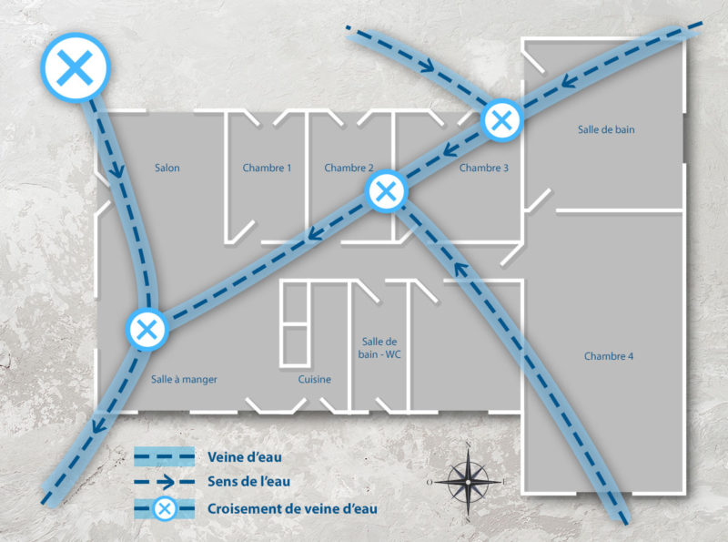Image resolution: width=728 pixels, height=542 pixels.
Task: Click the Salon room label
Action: click(167, 168)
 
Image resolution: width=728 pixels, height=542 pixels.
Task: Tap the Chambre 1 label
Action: click(267, 168)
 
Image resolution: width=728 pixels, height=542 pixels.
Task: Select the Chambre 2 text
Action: click(349, 168)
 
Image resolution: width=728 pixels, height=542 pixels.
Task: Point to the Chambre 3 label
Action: click(484, 168)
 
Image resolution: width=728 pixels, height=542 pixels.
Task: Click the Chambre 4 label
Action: click(609, 356)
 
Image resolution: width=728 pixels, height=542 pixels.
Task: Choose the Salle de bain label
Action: click(606, 129)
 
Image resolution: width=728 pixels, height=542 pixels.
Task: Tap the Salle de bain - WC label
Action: click(379, 348)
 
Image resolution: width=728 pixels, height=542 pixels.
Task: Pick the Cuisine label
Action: click(315, 379)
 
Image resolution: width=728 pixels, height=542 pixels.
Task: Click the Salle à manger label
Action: click(184, 379)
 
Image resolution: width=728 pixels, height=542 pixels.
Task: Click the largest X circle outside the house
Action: click(76, 66)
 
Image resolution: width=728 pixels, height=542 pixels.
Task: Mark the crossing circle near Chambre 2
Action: click(386, 191)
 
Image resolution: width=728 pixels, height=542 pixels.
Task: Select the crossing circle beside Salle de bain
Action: click(501, 120)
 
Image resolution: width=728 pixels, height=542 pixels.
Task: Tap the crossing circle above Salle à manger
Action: click(147, 330)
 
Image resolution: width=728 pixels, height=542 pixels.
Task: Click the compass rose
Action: click(468, 483)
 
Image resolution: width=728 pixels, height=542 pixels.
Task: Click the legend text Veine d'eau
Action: click(245, 457)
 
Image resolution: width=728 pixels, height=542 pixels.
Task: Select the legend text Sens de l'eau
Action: click(248, 482)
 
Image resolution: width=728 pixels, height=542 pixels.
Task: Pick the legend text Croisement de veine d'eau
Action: click(292, 509)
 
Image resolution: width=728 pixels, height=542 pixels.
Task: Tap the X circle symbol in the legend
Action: click(165, 509)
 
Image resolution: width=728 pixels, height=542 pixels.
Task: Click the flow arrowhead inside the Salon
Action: click(117, 172)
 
